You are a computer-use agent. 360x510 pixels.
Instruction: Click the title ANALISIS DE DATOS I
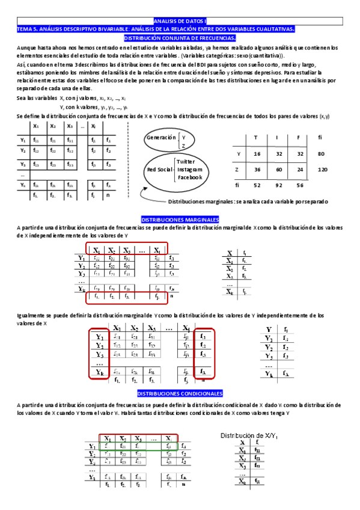pos(180,21)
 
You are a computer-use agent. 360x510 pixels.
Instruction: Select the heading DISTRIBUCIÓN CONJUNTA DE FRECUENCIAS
pos(180,37)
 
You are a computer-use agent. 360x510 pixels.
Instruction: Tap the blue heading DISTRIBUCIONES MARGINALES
pos(180,220)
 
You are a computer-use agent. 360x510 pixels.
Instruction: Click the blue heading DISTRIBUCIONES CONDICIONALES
pos(180,393)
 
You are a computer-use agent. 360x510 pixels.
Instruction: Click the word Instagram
pos(189,170)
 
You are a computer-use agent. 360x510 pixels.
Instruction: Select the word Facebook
pos(189,177)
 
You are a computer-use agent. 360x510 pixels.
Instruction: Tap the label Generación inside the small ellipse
pos(162,138)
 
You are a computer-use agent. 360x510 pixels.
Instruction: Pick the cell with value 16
pos(257,154)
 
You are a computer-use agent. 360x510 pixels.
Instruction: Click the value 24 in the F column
pos(300,170)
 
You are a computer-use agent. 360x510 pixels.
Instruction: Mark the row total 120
pos(322,170)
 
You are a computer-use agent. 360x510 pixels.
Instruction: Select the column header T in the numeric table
pos(257,138)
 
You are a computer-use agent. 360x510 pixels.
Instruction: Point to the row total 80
pos(322,154)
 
